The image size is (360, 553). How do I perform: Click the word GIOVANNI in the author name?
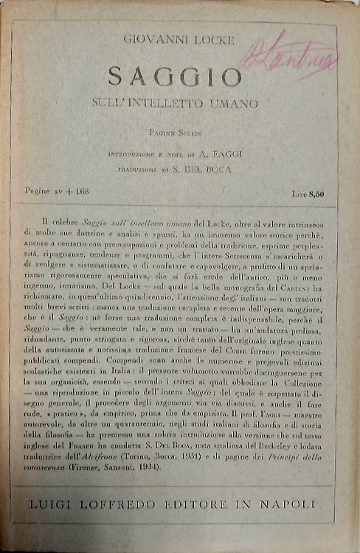pyautogui.click(x=152, y=41)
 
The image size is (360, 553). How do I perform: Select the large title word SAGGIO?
pyautogui.click(x=175, y=76)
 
